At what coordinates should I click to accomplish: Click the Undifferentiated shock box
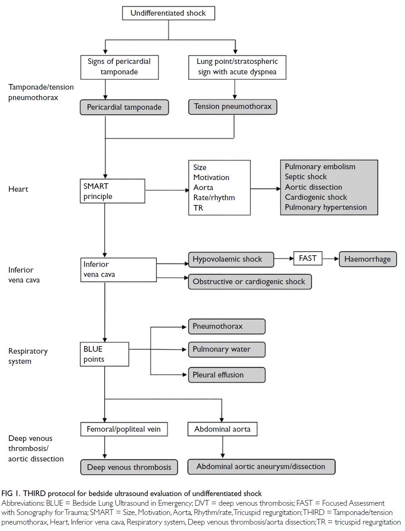click(x=169, y=13)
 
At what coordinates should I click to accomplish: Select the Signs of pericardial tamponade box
click(x=119, y=67)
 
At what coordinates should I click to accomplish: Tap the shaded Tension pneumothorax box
click(x=233, y=107)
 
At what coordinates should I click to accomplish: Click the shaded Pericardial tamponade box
click(x=124, y=107)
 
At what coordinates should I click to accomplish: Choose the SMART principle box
click(x=113, y=191)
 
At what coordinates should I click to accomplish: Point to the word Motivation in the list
click(x=211, y=177)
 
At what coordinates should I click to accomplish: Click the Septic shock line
click(x=306, y=177)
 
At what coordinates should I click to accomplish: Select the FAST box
click(x=308, y=258)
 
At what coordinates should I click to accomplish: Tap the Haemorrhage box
click(x=368, y=259)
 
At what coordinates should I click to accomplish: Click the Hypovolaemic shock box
click(x=231, y=259)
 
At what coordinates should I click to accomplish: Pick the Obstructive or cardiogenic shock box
click(x=250, y=282)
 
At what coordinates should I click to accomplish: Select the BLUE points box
click(x=105, y=354)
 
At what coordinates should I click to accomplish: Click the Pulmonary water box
click(x=227, y=349)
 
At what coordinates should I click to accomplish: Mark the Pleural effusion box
click(x=227, y=375)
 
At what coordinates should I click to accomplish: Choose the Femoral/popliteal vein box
click(x=124, y=429)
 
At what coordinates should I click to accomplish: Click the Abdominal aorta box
click(x=222, y=429)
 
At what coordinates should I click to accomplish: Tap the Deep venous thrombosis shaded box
click(x=129, y=467)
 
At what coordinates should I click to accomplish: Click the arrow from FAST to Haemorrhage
click(x=331, y=258)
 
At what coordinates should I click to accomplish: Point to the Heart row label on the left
click(x=18, y=189)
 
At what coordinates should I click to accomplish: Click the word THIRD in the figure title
click(x=34, y=494)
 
